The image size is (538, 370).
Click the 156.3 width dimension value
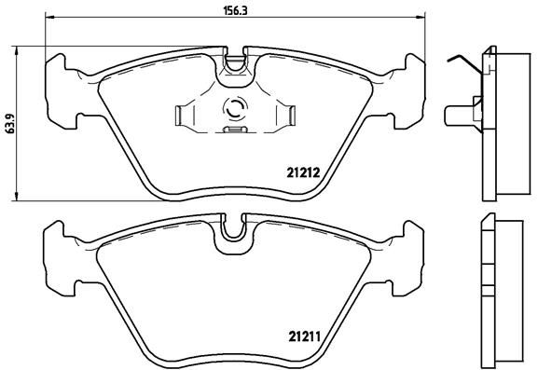pos(236,11)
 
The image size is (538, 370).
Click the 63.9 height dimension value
pos(10,123)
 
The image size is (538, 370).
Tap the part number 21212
pos(303,172)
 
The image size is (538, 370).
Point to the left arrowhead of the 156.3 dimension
pos(49,17)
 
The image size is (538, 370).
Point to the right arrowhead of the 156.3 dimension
pos(421,17)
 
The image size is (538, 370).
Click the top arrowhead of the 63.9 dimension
pos(16,50)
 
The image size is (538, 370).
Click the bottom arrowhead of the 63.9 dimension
pos(16,196)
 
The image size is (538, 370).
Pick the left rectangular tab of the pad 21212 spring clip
pos(179,116)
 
